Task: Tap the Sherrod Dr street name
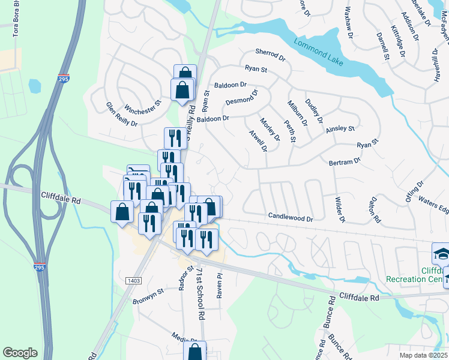pyautogui.click(x=270, y=54)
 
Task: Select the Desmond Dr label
pyautogui.click(x=241, y=98)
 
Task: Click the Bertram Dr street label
pyautogui.click(x=345, y=162)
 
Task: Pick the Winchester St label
pyautogui.click(x=143, y=106)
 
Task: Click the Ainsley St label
pyautogui.click(x=340, y=129)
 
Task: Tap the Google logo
pyautogui.click(x=20, y=352)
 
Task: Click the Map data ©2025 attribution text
pyautogui.click(x=423, y=355)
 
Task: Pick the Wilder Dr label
pyautogui.click(x=340, y=210)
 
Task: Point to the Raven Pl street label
pyautogui.click(x=220, y=284)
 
